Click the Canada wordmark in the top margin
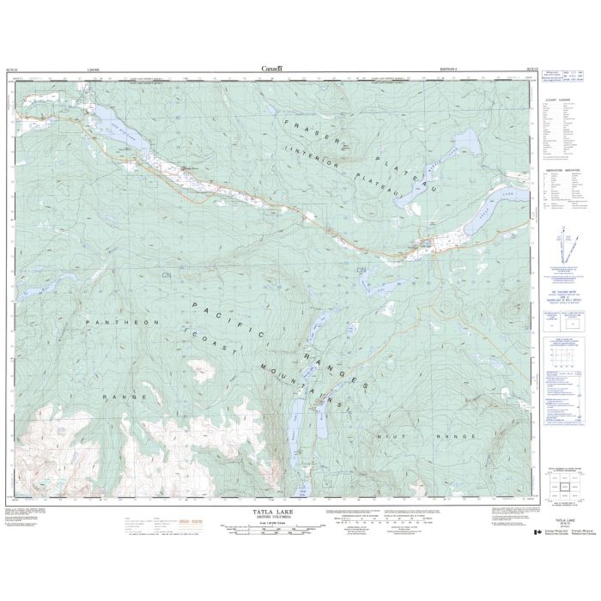[274, 68]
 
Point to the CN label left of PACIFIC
[166, 275]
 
